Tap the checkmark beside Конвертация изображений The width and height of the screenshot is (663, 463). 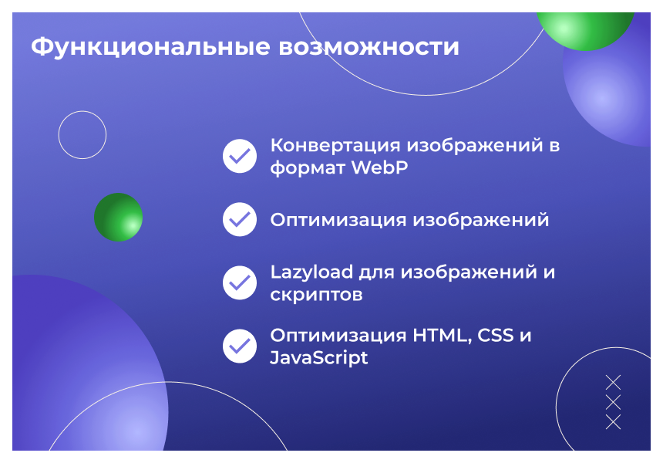tap(240, 156)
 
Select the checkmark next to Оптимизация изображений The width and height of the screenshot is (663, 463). tap(240, 219)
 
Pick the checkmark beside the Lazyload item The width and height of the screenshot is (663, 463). tap(240, 282)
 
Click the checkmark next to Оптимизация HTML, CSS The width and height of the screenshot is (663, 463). tap(240, 346)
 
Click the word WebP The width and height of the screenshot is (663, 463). tap(379, 167)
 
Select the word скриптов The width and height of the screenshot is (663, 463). tap(316, 295)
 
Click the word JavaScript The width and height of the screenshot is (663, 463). tap(318, 358)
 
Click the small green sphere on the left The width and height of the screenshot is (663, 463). tap(118, 217)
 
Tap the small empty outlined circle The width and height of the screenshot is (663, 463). tap(82, 135)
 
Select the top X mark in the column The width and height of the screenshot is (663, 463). tap(613, 382)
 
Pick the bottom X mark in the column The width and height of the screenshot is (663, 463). tap(613, 422)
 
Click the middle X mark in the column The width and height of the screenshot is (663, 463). tap(613, 402)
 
